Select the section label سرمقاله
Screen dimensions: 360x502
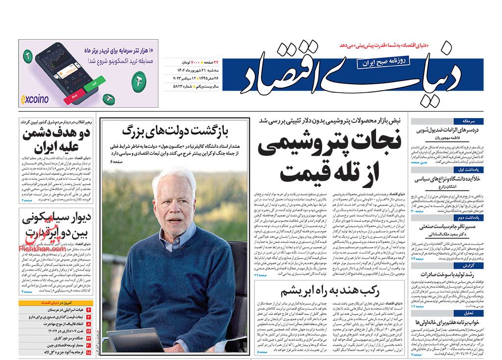(x=476, y=120)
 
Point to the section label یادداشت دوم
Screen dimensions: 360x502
(x=475, y=216)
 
